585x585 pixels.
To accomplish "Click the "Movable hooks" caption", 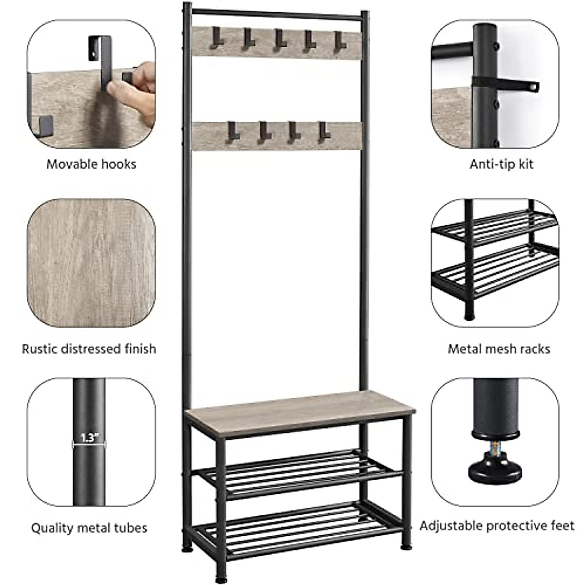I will (x=91, y=164).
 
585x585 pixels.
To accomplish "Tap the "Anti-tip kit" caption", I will (x=502, y=164).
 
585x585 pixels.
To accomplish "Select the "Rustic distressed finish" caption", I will (x=89, y=349).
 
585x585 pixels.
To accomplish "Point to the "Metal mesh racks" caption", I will (x=499, y=349).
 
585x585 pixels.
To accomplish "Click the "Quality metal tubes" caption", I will (x=89, y=528).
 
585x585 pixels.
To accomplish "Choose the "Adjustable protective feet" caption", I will (x=497, y=526).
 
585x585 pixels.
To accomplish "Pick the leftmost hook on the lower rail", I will (x=231, y=132).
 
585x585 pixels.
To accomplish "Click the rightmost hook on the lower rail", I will (x=321, y=132).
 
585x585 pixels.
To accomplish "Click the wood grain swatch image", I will (x=91, y=263).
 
